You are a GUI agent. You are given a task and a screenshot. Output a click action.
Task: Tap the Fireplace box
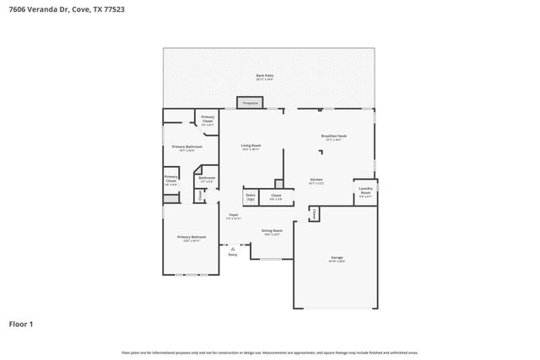(250, 103)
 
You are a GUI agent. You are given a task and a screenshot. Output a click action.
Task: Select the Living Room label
(251, 147)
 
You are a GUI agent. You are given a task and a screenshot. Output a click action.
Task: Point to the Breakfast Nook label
(334, 137)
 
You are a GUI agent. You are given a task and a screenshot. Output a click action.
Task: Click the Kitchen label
(316, 180)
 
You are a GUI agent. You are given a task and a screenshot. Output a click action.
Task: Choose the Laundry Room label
(364, 191)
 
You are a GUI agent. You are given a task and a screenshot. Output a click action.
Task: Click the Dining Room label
(272, 232)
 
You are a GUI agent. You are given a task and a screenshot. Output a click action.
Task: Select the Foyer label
(234, 216)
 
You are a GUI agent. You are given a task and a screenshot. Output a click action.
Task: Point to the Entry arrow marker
(232, 249)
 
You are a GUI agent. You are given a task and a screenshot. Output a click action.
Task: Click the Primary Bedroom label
(192, 239)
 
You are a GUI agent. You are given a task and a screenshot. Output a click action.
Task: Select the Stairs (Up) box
(251, 196)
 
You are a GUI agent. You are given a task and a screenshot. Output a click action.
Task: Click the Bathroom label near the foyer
(207, 179)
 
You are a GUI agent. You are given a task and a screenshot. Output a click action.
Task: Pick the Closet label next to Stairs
(276, 196)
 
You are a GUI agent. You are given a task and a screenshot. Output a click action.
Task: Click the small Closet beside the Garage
(313, 214)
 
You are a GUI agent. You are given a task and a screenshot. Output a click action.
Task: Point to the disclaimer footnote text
(269, 352)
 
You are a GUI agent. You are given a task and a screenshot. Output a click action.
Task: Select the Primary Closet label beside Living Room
(208, 119)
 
